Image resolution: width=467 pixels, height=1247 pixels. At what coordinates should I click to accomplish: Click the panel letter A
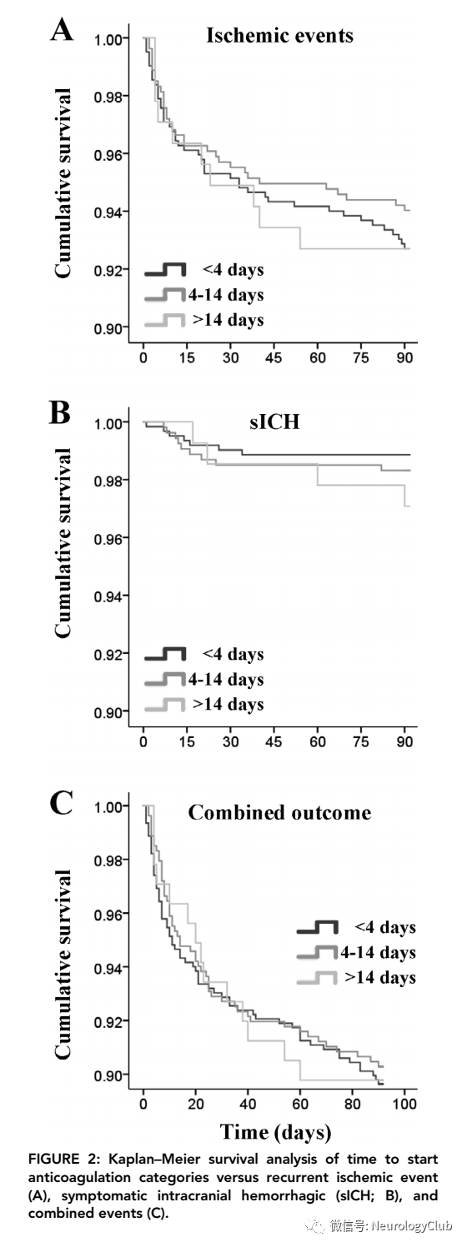[x=62, y=29]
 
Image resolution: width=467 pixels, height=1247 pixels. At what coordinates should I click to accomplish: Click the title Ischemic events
[x=279, y=35]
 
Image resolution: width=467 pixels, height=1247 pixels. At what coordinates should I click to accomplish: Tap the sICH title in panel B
[x=274, y=421]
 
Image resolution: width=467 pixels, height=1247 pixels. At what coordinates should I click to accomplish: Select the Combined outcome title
[x=279, y=812]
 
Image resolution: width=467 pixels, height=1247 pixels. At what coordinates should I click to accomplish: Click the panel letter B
[x=60, y=413]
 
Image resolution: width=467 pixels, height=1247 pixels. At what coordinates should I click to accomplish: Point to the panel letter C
[x=61, y=802]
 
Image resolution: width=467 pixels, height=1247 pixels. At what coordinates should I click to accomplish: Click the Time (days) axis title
[x=276, y=1132]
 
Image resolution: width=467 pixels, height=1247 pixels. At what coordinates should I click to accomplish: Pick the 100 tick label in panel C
[x=404, y=1104]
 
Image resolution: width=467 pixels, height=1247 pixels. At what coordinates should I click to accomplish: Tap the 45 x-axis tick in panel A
[x=274, y=357]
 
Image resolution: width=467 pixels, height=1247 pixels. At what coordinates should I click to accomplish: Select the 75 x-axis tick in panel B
[x=361, y=741]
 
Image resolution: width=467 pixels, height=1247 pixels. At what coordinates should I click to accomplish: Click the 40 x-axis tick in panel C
[x=248, y=1104]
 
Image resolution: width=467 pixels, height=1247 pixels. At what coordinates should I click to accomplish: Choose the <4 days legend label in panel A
[x=233, y=270]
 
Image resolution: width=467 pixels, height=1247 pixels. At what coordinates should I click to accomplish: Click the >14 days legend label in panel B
[x=228, y=704]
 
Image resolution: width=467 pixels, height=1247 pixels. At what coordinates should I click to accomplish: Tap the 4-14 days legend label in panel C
[x=379, y=952]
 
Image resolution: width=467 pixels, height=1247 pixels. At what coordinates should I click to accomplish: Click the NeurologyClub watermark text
[x=411, y=1225]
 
